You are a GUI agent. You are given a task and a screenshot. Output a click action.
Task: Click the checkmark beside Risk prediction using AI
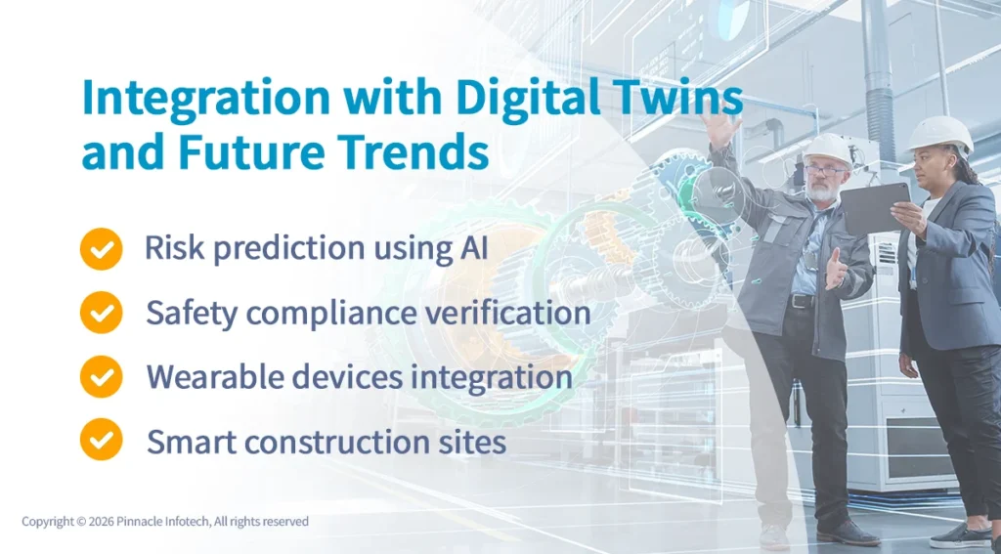[x=101, y=249]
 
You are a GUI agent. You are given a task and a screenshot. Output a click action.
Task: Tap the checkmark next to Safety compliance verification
[x=101, y=313]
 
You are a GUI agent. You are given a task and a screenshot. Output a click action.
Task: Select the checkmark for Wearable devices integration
[x=101, y=376]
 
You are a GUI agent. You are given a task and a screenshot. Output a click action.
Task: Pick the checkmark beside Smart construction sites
[x=101, y=440]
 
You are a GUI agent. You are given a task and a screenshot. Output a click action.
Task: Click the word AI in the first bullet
[x=473, y=248]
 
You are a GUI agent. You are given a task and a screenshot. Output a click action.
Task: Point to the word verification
[x=507, y=313]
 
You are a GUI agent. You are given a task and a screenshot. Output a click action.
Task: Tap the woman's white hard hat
[x=939, y=133]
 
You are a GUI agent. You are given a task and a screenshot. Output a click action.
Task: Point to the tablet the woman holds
[x=873, y=208]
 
